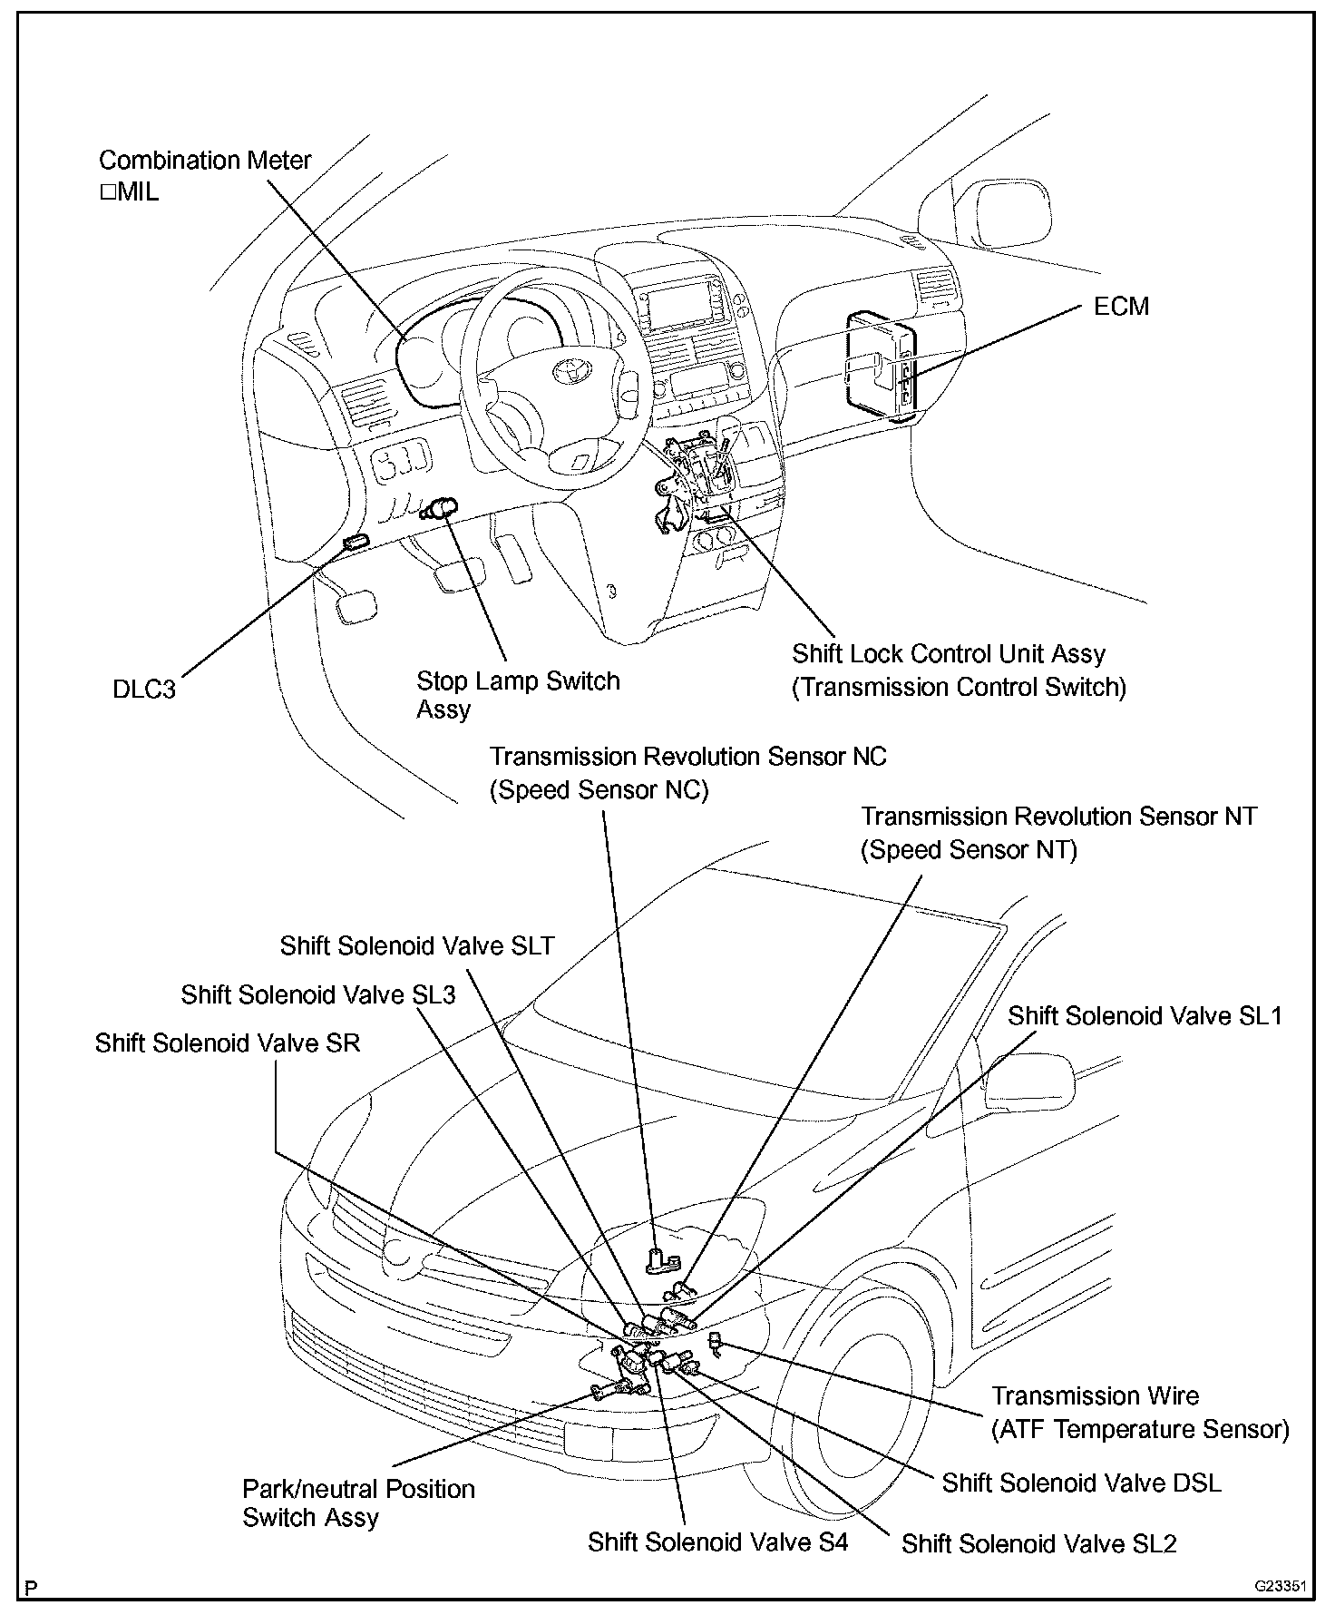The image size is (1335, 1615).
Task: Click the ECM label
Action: (x=1121, y=307)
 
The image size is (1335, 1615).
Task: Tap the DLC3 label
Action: (x=143, y=689)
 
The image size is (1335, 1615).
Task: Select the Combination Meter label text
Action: (x=205, y=161)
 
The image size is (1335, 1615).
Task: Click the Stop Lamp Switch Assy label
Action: (x=517, y=694)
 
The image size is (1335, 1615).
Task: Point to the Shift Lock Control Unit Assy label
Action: (x=949, y=654)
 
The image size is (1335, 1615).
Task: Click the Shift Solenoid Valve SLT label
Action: (x=416, y=945)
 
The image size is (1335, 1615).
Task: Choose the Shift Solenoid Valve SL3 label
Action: (x=317, y=994)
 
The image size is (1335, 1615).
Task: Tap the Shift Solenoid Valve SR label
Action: (x=227, y=1042)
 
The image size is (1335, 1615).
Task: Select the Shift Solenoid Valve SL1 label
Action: (x=1145, y=1015)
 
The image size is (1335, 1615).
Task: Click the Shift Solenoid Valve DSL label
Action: (x=1081, y=1483)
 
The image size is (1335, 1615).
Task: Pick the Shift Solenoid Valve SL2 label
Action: (x=1038, y=1543)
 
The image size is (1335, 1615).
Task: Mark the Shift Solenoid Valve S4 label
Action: (x=717, y=1542)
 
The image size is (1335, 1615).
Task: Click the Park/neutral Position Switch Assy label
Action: (x=357, y=1502)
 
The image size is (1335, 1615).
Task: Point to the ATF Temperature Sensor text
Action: (x=1140, y=1430)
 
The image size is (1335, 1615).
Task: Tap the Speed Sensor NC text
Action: (x=599, y=790)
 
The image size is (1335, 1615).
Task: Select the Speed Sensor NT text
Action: (x=969, y=850)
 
